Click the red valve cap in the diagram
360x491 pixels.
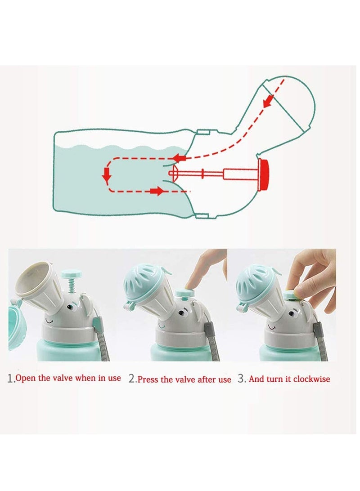[264, 173]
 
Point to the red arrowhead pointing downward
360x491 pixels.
[107, 177]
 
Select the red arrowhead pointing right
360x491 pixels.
[157, 192]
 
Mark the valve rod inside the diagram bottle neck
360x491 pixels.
[211, 173]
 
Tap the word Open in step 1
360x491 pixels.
[27, 378]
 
